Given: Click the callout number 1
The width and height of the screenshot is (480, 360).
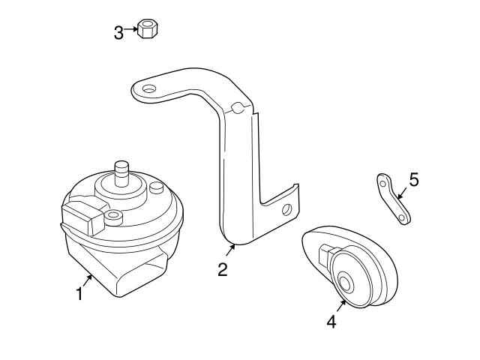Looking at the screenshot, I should coord(79,293).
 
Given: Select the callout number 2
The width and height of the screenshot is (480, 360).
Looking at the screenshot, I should coord(223,269).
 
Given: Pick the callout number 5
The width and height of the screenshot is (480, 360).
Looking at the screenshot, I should coord(414,180).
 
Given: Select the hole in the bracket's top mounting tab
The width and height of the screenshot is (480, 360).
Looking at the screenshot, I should coord(148,89).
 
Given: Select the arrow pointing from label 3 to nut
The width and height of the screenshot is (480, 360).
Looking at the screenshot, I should coord(131,31).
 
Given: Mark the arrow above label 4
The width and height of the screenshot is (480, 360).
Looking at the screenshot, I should coord(340,305).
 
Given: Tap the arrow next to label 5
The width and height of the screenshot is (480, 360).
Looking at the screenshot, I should coord(400,193).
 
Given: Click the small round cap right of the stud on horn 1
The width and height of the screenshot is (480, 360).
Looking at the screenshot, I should coord(156,187).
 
